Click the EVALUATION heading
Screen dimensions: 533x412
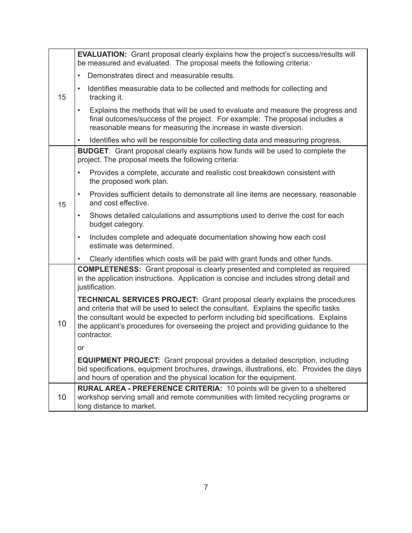(x=102, y=54)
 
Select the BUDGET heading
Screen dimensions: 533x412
(x=93, y=151)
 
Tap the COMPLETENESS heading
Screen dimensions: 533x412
(x=109, y=270)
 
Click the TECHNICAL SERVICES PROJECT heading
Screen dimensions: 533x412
(x=137, y=300)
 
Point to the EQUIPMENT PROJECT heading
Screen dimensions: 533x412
(x=118, y=361)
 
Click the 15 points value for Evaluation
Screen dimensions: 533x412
(x=62, y=97)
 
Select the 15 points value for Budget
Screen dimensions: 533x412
(x=62, y=205)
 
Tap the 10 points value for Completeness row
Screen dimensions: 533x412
(x=62, y=323)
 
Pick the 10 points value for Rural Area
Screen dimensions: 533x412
(x=62, y=397)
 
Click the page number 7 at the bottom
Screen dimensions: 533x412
(x=206, y=487)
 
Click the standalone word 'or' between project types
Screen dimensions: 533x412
(x=81, y=348)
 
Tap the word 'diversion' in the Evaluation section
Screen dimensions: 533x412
(x=288, y=128)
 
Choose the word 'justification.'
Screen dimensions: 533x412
(x=97, y=287)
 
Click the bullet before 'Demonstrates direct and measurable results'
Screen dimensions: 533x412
(x=79, y=76)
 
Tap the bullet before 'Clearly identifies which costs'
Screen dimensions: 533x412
(x=79, y=259)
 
